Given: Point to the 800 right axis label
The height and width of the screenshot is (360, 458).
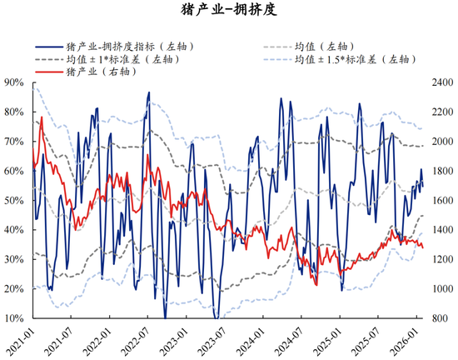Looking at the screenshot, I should (437, 318).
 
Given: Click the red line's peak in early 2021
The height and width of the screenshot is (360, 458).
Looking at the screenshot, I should (42, 118).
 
